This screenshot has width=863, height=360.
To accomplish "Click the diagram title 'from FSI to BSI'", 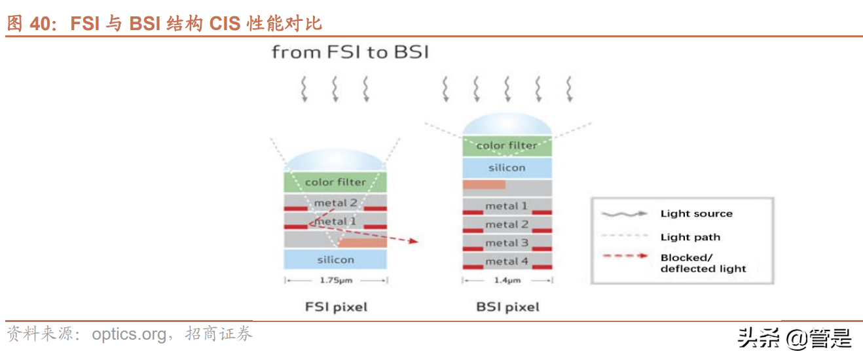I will [x=350, y=52].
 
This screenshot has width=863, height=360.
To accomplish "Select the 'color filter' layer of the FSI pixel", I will [x=335, y=182].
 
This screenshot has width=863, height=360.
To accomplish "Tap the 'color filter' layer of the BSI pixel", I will [x=507, y=145].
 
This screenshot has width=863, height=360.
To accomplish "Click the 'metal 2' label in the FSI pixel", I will [x=335, y=203].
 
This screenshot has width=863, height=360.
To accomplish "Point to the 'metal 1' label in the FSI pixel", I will [x=335, y=221].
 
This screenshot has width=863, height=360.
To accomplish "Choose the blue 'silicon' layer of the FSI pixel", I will [x=335, y=260].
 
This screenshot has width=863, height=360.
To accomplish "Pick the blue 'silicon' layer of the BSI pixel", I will [x=507, y=168].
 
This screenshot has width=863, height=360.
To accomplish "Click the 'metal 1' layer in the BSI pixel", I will [x=507, y=206].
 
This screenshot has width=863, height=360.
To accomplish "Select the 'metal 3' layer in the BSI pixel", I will [x=507, y=243].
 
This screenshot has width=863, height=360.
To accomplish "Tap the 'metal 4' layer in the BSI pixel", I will [x=507, y=261].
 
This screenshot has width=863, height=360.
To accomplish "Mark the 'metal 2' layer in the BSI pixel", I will [x=507, y=225].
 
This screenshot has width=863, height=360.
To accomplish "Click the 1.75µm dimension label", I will [x=335, y=280].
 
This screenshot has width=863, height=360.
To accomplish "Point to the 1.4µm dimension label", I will [x=507, y=280].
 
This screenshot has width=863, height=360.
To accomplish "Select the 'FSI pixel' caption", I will [x=336, y=306].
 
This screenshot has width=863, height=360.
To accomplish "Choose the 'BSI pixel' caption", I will [x=508, y=306].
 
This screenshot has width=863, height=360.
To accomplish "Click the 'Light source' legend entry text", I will [x=696, y=213].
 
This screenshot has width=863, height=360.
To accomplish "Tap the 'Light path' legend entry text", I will [x=690, y=237].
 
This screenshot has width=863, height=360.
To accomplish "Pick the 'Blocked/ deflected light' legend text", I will [x=703, y=263].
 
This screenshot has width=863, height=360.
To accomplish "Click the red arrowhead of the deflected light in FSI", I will [x=413, y=241].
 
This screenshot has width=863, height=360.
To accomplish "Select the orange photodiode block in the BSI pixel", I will [x=484, y=185].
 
